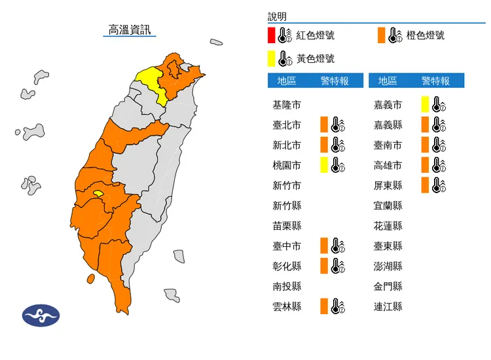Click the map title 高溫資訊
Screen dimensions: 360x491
(130, 29)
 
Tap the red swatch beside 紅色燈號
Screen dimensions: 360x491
(271, 35)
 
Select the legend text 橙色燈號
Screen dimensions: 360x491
(425, 35)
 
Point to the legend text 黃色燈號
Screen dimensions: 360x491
(316, 58)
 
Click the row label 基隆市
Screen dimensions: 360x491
(287, 105)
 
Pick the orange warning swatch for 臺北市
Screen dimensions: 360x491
(323, 125)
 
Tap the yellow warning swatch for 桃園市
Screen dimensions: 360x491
(323, 165)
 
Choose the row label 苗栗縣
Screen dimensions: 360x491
(287, 226)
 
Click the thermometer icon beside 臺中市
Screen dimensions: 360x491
(338, 246)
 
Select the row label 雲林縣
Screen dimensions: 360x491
(287, 306)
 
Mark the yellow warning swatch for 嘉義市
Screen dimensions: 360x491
(425, 105)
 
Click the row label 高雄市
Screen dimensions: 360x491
(388, 165)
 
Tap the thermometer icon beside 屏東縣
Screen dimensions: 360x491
(439, 185)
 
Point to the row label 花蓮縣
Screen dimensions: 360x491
(388, 226)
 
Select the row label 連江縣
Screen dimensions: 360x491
(388, 306)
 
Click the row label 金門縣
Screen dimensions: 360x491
(388, 286)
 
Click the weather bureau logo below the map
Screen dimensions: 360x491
(41, 315)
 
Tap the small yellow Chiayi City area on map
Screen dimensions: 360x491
(98, 194)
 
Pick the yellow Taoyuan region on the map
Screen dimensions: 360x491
(151, 82)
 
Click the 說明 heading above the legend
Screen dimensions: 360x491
(277, 16)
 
